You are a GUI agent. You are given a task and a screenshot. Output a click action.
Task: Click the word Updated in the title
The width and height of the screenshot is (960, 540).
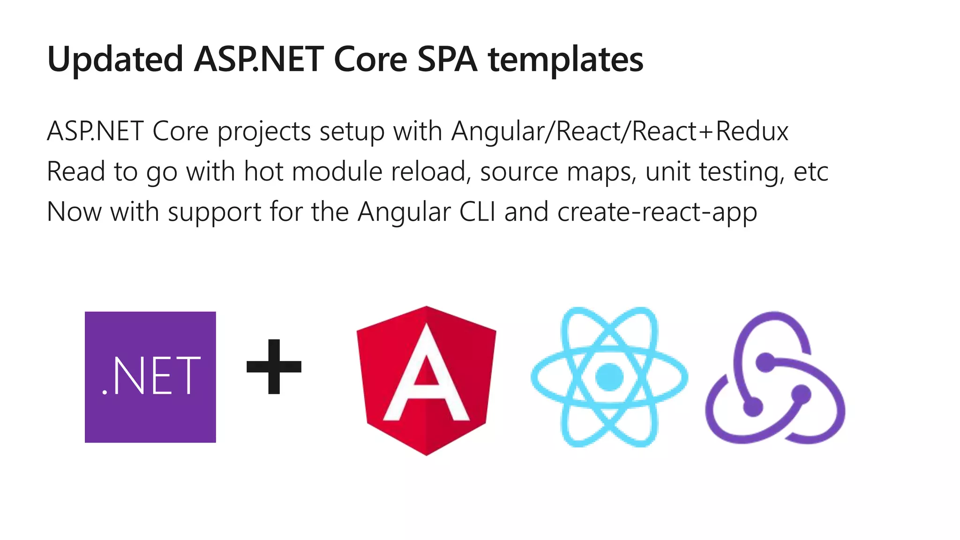[x=115, y=60]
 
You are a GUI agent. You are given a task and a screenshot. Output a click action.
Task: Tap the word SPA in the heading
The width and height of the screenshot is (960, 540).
[x=447, y=60]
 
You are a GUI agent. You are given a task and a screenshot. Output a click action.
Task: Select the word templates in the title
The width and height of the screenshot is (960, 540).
[x=566, y=60]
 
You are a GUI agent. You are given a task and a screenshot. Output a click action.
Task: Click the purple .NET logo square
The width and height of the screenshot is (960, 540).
[x=150, y=377]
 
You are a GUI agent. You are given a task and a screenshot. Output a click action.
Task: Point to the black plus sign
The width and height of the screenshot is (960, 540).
[x=274, y=367]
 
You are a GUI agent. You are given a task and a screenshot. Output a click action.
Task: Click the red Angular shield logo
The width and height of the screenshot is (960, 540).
[x=426, y=380]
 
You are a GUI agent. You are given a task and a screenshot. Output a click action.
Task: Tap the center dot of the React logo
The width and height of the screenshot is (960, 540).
[x=609, y=376]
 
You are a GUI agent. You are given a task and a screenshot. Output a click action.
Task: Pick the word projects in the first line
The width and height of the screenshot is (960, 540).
[x=264, y=132]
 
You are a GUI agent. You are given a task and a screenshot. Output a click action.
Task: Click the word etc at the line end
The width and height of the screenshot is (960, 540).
[x=810, y=172]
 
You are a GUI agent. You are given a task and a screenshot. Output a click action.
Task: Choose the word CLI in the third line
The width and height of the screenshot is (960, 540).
[x=477, y=212]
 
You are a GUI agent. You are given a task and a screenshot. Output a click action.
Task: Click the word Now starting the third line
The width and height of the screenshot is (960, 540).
[x=74, y=212]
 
